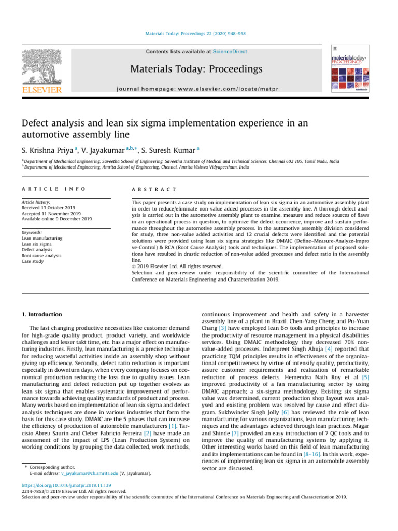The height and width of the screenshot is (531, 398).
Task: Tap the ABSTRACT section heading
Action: [154, 190]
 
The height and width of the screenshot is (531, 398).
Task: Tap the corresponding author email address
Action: [89, 473]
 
